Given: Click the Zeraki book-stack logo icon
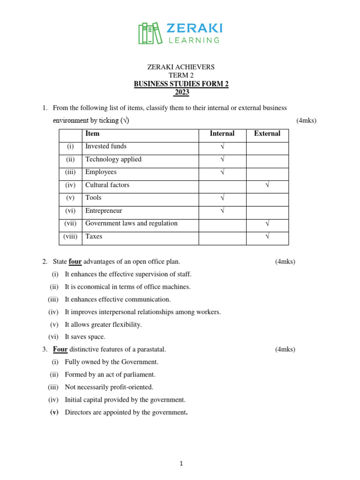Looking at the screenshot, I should point(149,33).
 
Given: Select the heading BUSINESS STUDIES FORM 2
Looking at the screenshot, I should point(181,84).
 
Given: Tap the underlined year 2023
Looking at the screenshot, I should point(181,92).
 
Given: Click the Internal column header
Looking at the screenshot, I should point(222,134).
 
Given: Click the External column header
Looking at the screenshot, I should point(267,134).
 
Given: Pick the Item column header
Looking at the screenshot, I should point(92,134).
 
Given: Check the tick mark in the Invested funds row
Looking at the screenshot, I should point(222,147).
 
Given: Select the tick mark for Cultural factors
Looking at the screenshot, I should point(267,185).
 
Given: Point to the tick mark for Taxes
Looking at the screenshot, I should point(267,237).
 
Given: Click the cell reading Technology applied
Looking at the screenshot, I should point(113,159).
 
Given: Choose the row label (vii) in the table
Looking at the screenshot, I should point(70,224).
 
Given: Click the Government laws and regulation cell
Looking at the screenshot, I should point(131,224).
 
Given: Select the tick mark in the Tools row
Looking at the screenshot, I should point(222,198).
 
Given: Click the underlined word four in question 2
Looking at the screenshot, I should point(75,262).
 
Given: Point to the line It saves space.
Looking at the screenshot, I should point(85,337).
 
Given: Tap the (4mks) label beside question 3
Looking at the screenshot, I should point(285,349).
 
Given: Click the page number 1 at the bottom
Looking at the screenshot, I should point(181,464).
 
